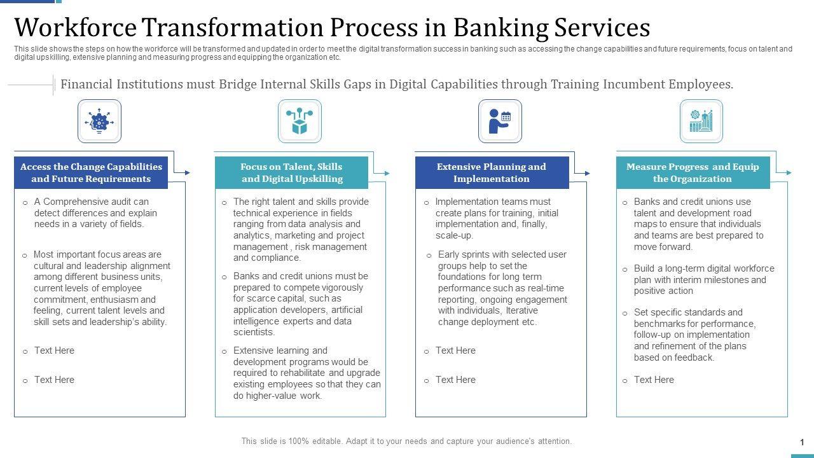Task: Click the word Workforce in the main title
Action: click(x=75, y=27)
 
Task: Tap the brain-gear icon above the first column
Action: click(x=99, y=121)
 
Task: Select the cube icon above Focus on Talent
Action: click(x=300, y=121)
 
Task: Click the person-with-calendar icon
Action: click(x=500, y=121)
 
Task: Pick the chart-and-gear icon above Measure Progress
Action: click(x=701, y=121)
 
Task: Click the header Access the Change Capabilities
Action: click(x=91, y=172)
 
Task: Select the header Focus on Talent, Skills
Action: click(x=291, y=172)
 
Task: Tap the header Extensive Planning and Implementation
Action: click(x=492, y=172)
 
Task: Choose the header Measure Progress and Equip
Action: click(x=693, y=172)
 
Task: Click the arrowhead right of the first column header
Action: click(x=188, y=172)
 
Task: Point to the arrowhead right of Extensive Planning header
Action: click(x=587, y=174)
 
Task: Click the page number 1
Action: click(x=802, y=442)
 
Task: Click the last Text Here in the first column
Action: click(x=54, y=380)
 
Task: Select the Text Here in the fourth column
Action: click(x=654, y=380)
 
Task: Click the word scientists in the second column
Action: click(x=254, y=332)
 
